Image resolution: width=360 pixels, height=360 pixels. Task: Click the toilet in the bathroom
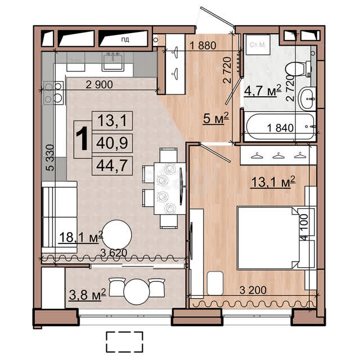click(x=298, y=67)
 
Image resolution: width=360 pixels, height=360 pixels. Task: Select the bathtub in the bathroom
click(x=280, y=126)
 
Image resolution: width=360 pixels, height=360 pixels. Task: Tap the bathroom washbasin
click(x=307, y=99)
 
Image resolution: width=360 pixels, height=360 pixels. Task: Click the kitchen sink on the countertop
click(x=113, y=61)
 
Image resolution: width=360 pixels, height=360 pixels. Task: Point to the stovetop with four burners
click(x=53, y=93)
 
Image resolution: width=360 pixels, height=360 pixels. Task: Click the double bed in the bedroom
click(x=268, y=238)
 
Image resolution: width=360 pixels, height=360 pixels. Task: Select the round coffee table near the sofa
click(x=117, y=235)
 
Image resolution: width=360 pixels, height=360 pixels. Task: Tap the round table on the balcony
click(x=136, y=291)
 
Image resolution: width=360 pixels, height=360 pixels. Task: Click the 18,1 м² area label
click(x=81, y=237)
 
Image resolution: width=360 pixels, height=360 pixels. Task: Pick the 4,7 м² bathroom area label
click(x=263, y=91)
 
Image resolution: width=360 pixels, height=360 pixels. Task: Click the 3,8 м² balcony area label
click(x=87, y=295)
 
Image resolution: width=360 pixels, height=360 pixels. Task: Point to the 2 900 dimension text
click(x=99, y=85)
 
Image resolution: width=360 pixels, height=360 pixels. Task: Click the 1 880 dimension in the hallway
click(x=203, y=46)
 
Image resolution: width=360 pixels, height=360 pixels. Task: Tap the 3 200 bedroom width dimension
click(x=253, y=290)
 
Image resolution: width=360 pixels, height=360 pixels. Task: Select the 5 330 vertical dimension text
click(x=50, y=157)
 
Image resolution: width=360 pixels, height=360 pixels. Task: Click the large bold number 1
click(x=82, y=139)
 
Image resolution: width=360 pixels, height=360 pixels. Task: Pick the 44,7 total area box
click(x=112, y=166)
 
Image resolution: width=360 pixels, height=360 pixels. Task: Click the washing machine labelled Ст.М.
click(x=258, y=44)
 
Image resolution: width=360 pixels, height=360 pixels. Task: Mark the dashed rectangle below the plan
click(x=124, y=342)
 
